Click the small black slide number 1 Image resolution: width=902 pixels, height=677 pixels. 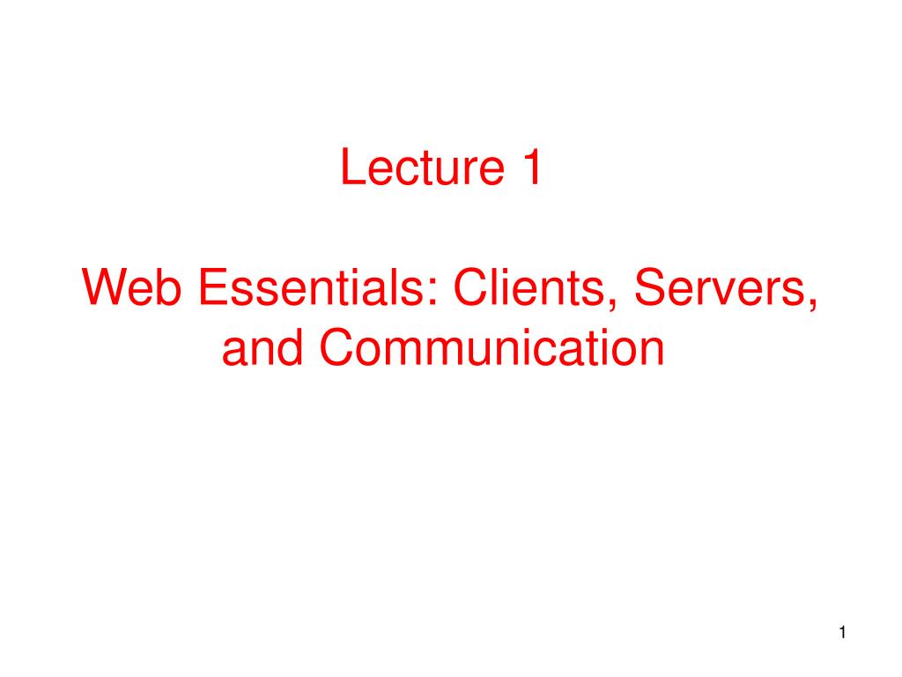point(843,632)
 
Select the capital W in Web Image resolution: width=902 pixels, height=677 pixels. point(101,290)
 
